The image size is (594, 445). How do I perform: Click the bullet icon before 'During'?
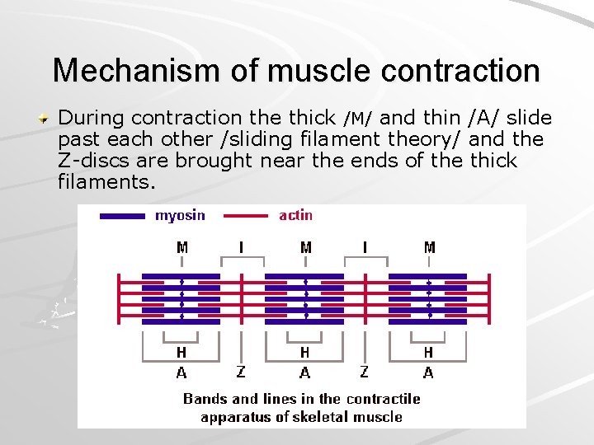(48, 119)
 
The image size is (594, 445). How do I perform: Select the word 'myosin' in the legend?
(180, 216)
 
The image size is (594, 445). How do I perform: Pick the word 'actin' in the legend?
(296, 216)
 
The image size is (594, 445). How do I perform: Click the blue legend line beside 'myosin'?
(122, 217)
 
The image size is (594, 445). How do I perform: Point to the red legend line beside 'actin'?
(239, 217)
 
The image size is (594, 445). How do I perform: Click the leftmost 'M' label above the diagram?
(182, 247)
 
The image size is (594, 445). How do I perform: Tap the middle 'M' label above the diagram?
(305, 247)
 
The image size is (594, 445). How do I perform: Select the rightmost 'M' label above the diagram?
(429, 247)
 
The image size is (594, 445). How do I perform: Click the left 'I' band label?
(242, 247)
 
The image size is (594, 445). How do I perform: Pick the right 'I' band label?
(365, 247)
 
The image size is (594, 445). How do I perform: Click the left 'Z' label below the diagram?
(241, 372)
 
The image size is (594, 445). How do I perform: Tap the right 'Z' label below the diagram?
(364, 372)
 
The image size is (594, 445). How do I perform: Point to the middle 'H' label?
(305, 354)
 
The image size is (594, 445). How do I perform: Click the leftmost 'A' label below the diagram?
(181, 373)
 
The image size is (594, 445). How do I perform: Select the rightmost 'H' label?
(428, 354)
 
